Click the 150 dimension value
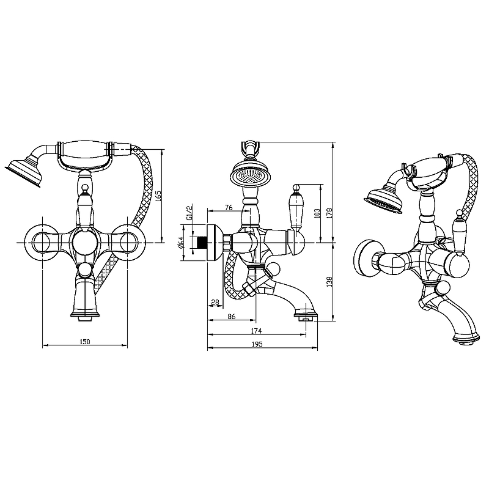(x=84, y=342)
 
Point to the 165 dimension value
(x=158, y=196)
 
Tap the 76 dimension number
(x=229, y=207)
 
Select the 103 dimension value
(x=317, y=213)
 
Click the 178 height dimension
(x=329, y=213)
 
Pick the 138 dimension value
(x=329, y=281)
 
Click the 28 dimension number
(x=215, y=302)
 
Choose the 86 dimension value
(x=232, y=316)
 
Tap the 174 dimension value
(x=256, y=331)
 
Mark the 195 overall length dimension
(x=257, y=344)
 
